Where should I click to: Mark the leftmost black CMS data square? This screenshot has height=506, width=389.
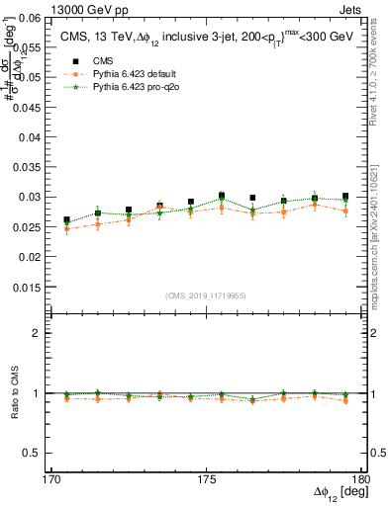(x=66, y=220)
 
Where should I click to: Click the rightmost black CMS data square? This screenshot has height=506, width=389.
(x=345, y=197)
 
